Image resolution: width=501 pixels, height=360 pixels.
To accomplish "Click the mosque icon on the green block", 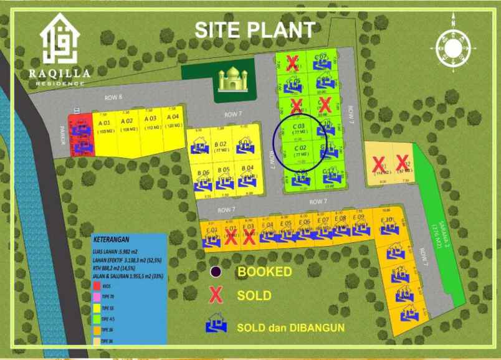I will click(x=232, y=80).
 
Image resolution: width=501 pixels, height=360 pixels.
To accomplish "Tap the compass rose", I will click(x=454, y=47).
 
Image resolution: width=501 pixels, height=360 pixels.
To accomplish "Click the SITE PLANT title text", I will click(x=254, y=29).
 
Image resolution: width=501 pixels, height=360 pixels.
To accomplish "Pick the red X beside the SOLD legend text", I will click(x=216, y=296).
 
